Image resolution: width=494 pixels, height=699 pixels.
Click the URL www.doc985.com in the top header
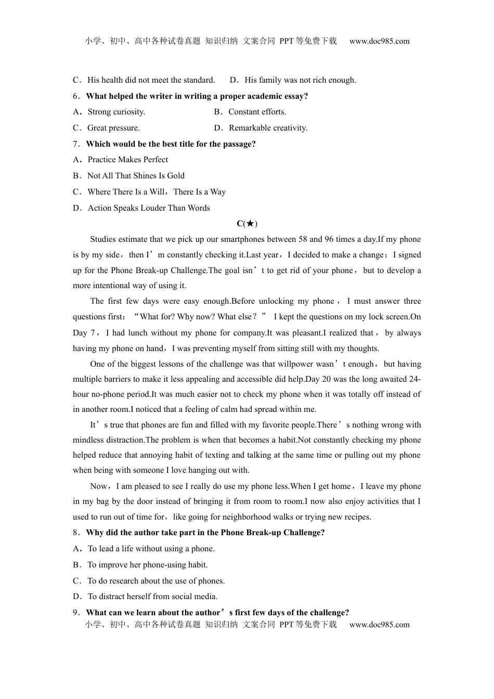click(x=379, y=41)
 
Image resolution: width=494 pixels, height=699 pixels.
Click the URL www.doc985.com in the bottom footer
click(x=379, y=625)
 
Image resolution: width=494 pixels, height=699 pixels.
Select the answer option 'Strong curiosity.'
click(x=116, y=112)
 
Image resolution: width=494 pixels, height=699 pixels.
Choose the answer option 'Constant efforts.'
click(x=257, y=112)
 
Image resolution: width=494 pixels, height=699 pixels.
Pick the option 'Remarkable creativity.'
click(x=268, y=128)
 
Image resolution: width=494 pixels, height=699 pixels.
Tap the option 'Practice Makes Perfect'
click(x=127, y=160)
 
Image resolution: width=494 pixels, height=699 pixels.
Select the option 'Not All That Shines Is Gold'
click(x=136, y=176)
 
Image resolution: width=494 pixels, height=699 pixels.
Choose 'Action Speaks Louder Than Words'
click(x=149, y=208)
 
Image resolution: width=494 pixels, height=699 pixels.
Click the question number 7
click(x=76, y=144)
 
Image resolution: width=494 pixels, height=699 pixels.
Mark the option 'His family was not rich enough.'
click(x=300, y=80)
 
